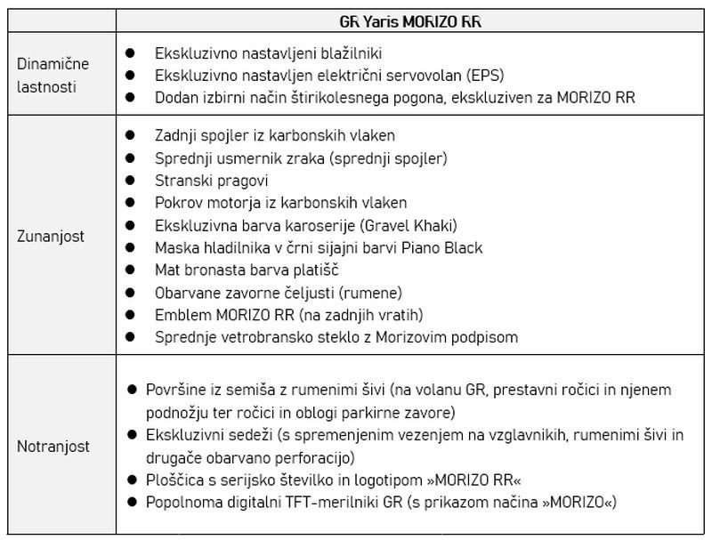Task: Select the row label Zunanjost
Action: tap(51, 237)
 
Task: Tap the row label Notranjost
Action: tap(53, 447)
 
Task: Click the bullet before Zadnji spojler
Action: tap(130, 135)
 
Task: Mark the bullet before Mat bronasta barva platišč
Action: tap(130, 270)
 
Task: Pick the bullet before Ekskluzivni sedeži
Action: tap(130, 436)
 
